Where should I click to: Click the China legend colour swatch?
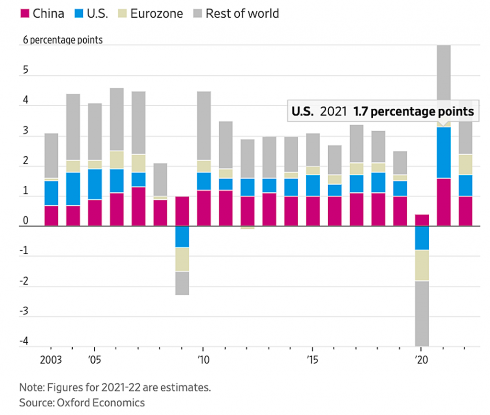point(24,13)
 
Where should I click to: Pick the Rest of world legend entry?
point(242,13)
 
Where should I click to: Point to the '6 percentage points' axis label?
point(63,40)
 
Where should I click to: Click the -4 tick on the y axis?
point(24,342)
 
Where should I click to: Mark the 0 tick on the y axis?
point(25,222)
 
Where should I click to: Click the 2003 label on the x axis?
point(51,359)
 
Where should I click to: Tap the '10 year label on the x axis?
point(203,359)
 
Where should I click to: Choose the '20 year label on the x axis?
point(421,359)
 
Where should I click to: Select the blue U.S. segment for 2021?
point(444,152)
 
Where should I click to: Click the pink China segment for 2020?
point(421,220)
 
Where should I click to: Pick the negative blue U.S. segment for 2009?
point(182,236)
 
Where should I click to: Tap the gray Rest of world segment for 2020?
point(421,314)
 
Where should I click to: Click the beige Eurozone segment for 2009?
point(182,259)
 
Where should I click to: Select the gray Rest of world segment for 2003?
point(51,156)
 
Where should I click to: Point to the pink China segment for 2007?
point(138,206)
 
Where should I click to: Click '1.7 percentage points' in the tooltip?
point(413,112)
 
